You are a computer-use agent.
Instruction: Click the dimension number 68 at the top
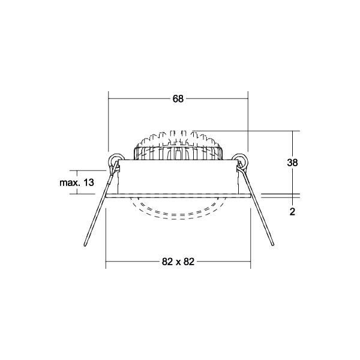[178, 99]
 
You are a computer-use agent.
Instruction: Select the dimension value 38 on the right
[293, 162]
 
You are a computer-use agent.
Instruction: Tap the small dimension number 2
[292, 211]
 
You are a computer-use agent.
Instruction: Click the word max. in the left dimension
[70, 182]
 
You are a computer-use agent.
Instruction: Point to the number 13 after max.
[89, 182]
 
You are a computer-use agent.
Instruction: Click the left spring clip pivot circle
[114, 160]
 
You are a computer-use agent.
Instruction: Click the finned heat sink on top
[178, 144]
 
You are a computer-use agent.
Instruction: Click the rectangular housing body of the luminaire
[178, 177]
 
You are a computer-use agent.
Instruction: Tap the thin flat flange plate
[178, 195]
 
